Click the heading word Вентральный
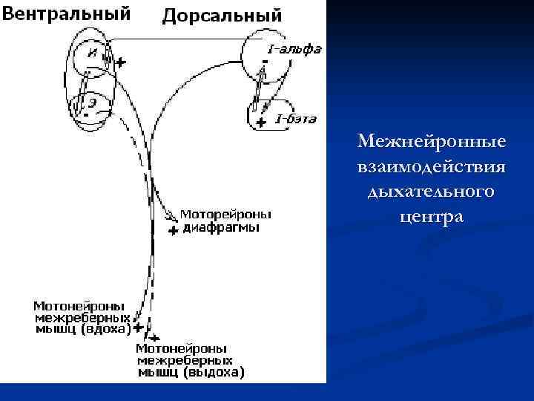pos(66,13)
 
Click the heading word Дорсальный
pos(222,14)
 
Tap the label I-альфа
pos(294,50)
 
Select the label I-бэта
pos(296,119)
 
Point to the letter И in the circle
pos(91,52)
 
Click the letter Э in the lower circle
pos(91,101)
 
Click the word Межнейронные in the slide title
pos(431,140)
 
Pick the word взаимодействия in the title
pos(431,166)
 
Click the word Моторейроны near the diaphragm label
pos(226,214)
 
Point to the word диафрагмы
pos(220,226)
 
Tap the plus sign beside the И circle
pos(120,63)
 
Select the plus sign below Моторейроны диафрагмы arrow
pos(173,231)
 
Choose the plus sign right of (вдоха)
pos(139,327)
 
